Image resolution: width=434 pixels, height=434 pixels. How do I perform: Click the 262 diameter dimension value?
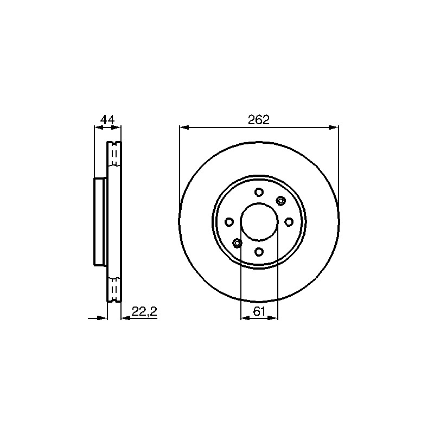259,119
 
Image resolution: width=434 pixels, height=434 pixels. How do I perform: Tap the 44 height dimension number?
107,120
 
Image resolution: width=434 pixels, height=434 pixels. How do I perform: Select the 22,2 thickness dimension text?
144,311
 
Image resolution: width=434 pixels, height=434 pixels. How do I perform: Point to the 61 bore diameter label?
259,311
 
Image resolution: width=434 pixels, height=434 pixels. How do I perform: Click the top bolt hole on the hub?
259,192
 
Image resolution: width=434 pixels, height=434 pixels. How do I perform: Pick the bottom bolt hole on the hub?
259,252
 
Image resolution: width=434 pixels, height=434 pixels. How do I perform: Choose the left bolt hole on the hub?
229,222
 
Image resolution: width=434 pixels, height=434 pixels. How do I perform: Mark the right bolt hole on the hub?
289,222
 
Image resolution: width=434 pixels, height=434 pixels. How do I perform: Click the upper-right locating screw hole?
280,201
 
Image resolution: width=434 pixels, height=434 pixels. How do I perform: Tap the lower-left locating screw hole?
237,243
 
